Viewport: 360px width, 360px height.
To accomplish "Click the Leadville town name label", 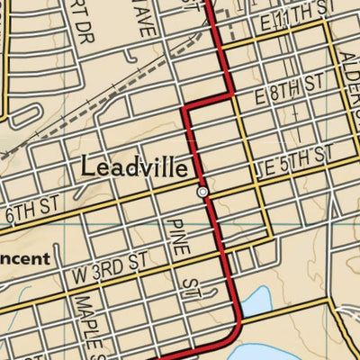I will pyautogui.click(x=133, y=166).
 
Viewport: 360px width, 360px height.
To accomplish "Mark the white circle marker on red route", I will pyautogui.click(x=203, y=192).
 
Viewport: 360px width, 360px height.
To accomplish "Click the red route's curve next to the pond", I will pyautogui.click(x=238, y=319).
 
